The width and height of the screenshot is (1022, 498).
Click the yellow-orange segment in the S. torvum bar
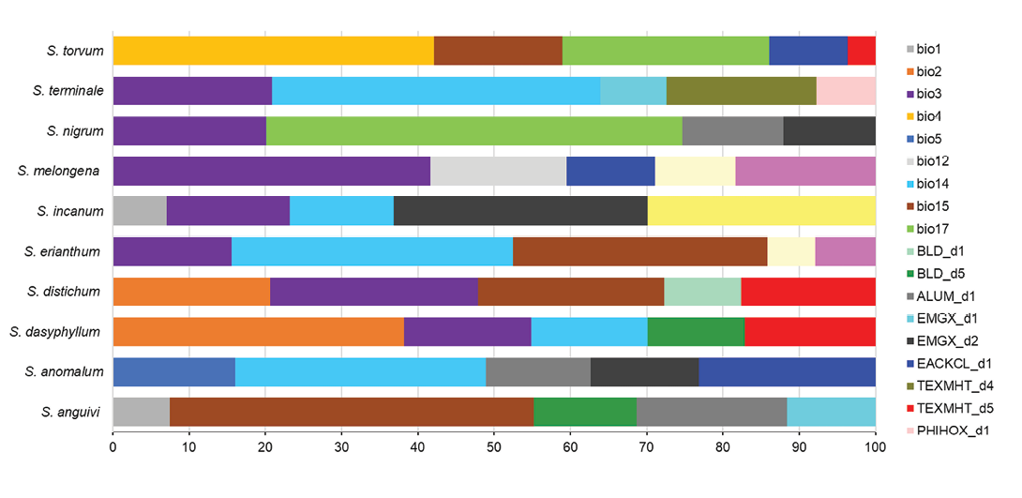pos(273,51)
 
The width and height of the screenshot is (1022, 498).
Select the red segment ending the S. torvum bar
pos(861,51)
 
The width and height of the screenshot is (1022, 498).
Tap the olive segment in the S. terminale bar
pos(741,91)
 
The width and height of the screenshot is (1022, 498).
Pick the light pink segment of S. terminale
pos(846,91)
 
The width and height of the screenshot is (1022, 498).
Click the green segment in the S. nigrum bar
pos(473,131)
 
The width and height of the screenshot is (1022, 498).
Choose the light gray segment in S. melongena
pos(498,172)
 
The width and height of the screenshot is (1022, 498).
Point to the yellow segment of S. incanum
pos(761,211)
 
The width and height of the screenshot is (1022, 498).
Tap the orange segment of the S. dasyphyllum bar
pos(258,332)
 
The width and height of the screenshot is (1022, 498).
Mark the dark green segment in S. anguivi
pos(584,412)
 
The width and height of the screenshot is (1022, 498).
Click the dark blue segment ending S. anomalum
pos(787,372)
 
